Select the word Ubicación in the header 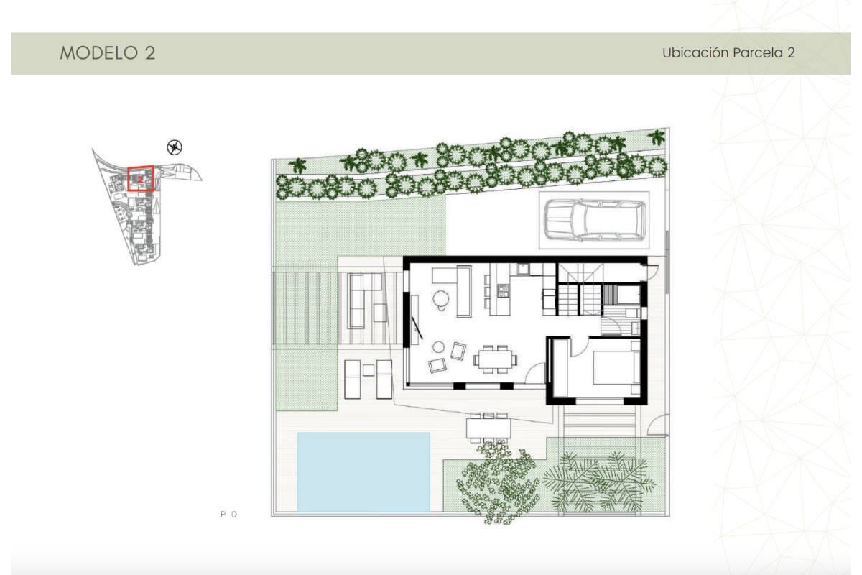click(695, 53)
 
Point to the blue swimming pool click(363, 471)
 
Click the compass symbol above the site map click(174, 147)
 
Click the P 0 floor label click(228, 515)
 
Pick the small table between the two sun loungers click(368, 370)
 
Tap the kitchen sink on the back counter click(524, 269)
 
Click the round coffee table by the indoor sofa click(440, 297)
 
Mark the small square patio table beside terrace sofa click(380, 312)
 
